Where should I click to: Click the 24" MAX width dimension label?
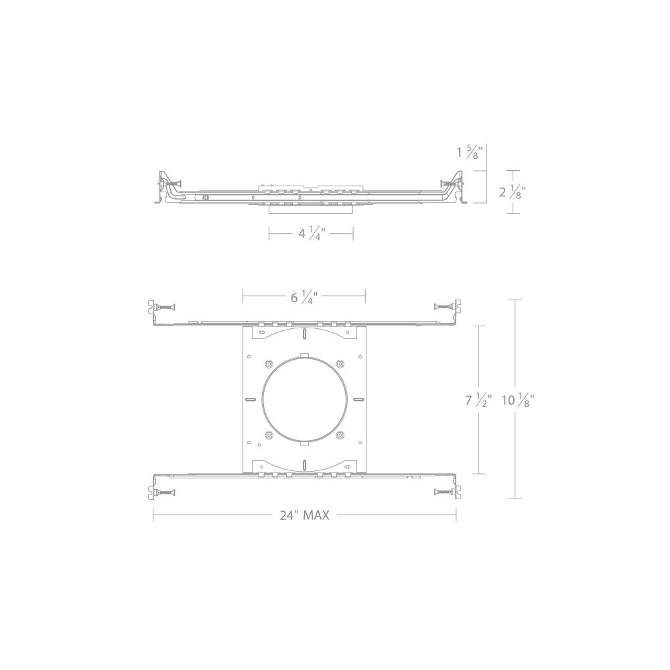(305, 515)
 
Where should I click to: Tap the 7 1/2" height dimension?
(478, 400)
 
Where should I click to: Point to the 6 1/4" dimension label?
(304, 297)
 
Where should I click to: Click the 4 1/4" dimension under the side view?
(311, 234)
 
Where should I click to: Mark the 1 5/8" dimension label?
(470, 152)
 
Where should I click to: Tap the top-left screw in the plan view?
(165, 307)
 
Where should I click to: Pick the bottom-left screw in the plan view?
(165, 492)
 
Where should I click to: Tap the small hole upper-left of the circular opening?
(269, 364)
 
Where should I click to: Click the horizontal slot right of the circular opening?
(358, 400)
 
